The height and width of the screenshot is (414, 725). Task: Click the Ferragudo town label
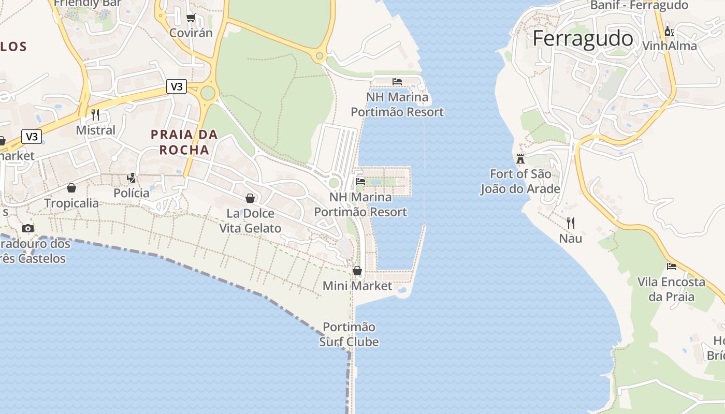coord(583,39)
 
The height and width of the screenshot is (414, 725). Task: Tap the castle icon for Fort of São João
coord(520,159)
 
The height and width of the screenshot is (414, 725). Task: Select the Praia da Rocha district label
coord(184,142)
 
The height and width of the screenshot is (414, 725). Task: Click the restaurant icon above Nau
coord(571,223)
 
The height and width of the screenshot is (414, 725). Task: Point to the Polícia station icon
coord(132,178)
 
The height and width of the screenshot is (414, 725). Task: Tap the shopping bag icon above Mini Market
coord(357,271)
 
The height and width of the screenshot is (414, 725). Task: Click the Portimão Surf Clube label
coord(349,334)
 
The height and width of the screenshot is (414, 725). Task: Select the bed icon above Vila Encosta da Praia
coord(672,267)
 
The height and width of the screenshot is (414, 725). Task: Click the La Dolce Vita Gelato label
coord(250,221)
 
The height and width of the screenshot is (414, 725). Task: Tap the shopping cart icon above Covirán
coord(191,18)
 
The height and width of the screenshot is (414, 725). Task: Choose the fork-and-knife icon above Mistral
coord(95,114)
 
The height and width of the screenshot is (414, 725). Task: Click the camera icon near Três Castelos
coord(28,228)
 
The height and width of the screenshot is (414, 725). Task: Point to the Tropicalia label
coord(71,203)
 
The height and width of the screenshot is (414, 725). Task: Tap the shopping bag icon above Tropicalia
coord(71,188)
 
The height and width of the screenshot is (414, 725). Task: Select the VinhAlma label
coord(669,46)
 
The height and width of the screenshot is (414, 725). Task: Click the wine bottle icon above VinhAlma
coord(669,31)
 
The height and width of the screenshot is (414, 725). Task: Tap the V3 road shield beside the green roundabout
coord(176,86)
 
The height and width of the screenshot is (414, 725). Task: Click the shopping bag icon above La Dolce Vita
coord(250,198)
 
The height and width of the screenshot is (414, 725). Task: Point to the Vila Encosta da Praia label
coord(671,289)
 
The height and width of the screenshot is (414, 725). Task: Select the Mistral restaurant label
coord(96,130)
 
